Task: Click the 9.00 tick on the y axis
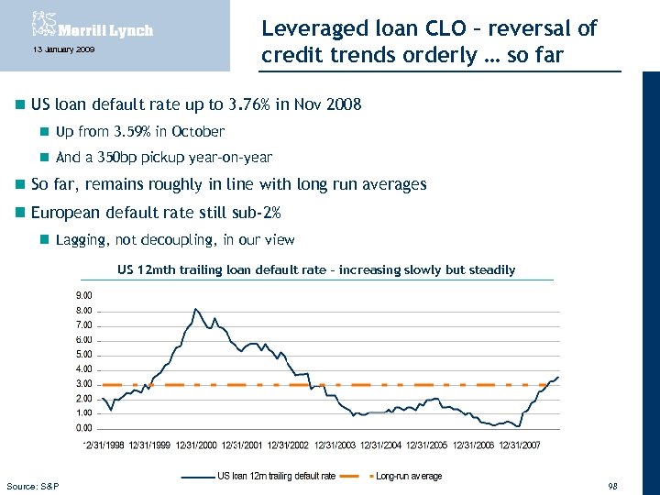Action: point(82,295)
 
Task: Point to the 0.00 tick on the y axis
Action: point(82,427)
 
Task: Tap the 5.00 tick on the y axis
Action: point(82,354)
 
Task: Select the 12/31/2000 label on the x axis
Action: point(196,445)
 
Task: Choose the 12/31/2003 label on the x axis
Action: point(335,445)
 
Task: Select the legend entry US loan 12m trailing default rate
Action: point(276,476)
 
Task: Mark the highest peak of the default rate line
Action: point(195,309)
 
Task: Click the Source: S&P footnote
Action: point(32,485)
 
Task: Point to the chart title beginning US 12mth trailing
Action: point(316,269)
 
